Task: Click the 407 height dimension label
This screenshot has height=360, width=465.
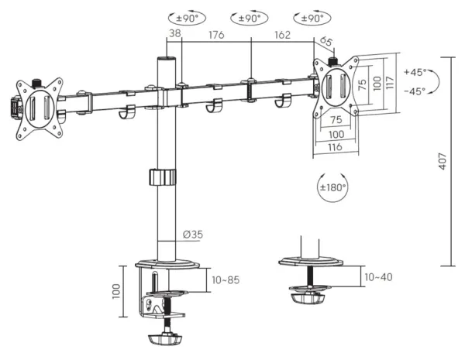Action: (x=443, y=161)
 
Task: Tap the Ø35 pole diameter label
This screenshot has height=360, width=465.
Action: (x=193, y=235)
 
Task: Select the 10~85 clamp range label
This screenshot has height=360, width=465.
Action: (x=226, y=280)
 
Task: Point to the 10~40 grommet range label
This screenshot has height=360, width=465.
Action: (x=378, y=277)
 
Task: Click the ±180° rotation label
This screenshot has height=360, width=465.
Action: (x=332, y=187)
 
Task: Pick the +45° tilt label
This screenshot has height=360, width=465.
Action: (x=415, y=72)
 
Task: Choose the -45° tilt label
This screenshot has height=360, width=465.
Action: (x=415, y=91)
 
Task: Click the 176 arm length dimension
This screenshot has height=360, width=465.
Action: (x=216, y=35)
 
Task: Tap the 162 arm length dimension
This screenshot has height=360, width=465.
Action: (x=282, y=35)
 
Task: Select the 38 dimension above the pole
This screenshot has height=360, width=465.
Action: (x=174, y=33)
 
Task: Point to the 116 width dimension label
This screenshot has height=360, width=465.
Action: (x=335, y=146)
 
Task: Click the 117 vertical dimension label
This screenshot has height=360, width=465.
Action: (x=390, y=83)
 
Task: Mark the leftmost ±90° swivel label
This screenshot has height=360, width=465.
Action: (x=187, y=19)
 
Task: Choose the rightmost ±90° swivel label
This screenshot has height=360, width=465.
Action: (x=312, y=19)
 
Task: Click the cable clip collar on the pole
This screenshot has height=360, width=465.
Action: (x=163, y=177)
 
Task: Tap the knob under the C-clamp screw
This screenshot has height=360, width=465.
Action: (x=165, y=339)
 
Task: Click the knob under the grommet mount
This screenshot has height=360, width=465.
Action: (x=308, y=298)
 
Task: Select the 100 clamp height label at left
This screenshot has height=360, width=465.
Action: (x=116, y=291)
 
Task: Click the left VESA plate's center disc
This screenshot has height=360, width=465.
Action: (x=40, y=109)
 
